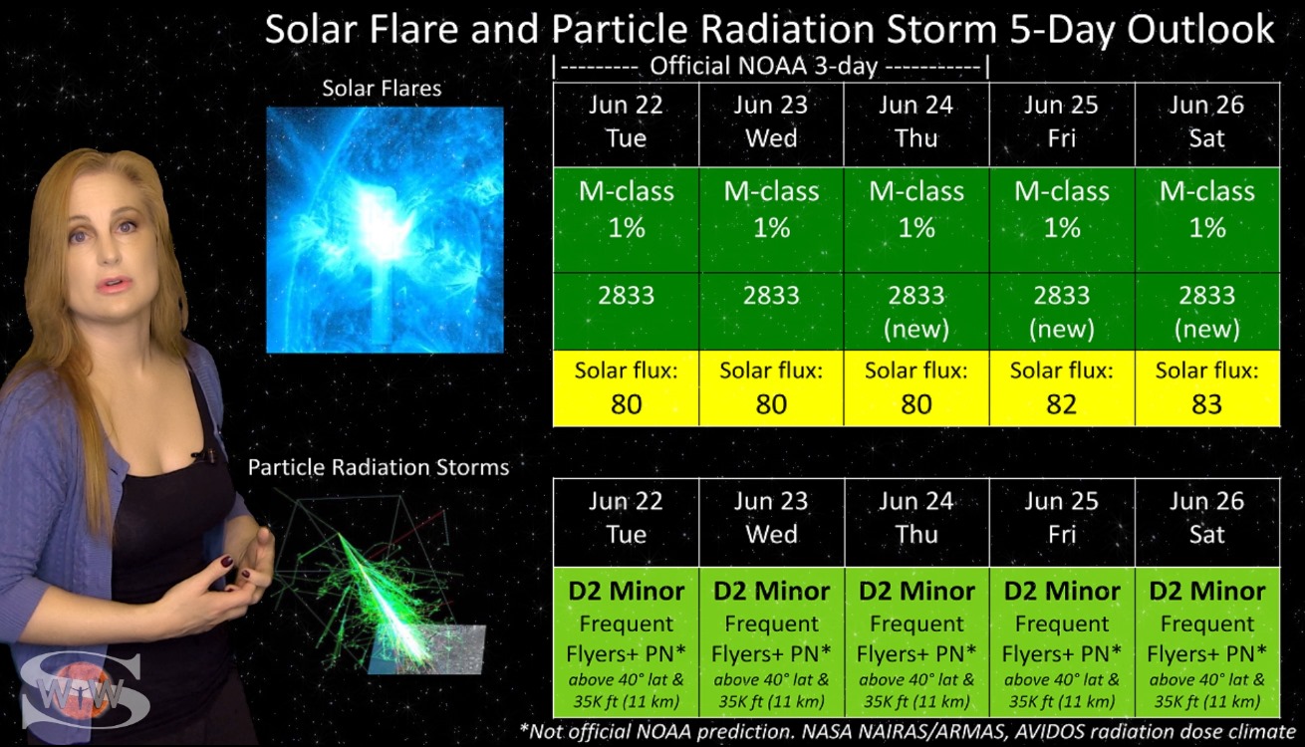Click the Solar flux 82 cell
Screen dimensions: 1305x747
pos(1062,388)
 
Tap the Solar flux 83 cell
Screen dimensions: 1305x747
pos(1207,388)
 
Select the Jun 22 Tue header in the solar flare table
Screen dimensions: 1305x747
pos(626,124)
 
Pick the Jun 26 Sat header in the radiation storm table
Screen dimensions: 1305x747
pos(1207,522)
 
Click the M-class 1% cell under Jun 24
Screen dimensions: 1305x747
pos(916,220)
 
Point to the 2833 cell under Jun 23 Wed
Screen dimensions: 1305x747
pos(771,311)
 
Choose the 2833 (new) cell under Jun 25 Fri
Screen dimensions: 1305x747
pos(1062,311)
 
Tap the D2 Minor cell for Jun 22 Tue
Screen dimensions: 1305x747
pos(626,642)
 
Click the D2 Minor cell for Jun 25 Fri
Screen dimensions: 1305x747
pos(1062,642)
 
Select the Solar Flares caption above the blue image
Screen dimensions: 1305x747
pos(382,89)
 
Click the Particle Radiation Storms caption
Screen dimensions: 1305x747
pos(379,467)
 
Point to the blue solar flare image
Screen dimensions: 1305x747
pos(386,229)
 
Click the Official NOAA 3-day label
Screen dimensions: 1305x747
pos(763,67)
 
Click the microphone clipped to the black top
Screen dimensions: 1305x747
pos(198,455)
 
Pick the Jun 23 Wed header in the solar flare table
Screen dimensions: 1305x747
pos(771,124)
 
